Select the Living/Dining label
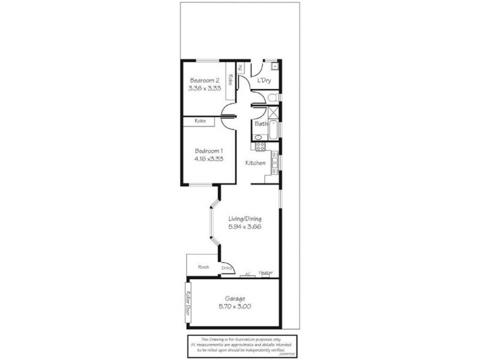point(245,219)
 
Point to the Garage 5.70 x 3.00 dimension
point(238,307)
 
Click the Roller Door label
point(188,302)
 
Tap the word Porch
point(203,267)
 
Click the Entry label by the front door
point(227,268)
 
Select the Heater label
point(266,273)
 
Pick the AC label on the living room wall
point(247,275)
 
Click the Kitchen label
point(256,163)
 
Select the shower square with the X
point(273,112)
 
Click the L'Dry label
point(263,80)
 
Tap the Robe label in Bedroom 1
point(200,121)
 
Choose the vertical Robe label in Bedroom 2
point(230,79)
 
